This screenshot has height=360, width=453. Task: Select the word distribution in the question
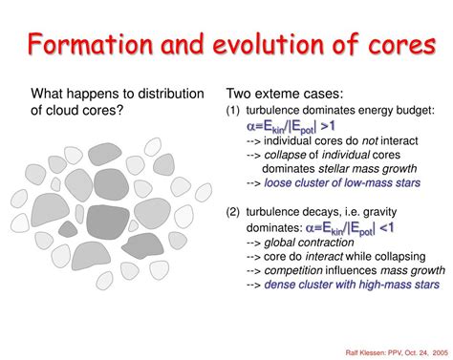tap(168, 94)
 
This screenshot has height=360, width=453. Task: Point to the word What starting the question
tap(51, 94)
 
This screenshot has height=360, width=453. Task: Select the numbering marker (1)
tap(235, 110)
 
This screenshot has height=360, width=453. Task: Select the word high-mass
tap(389, 285)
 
